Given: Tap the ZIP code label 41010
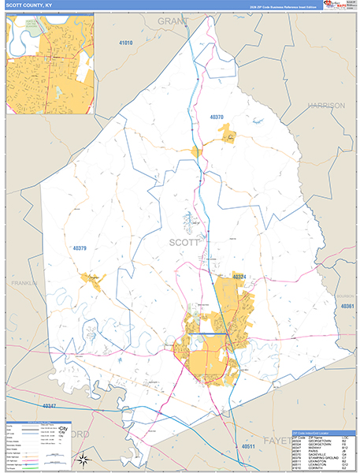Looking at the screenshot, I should [125, 42].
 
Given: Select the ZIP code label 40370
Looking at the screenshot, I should [217, 117].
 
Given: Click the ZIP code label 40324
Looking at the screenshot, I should [240, 277].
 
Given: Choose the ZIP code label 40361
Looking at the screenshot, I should [349, 306].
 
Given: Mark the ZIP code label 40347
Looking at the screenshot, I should [49, 405].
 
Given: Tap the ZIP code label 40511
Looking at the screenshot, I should [248, 446].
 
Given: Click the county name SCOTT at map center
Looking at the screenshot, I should [185, 244].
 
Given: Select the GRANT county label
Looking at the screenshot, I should [174, 19].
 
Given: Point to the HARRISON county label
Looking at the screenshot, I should [326, 105].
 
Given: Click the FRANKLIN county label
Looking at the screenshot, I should [24, 283].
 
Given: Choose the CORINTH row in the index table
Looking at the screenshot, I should [318, 467].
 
